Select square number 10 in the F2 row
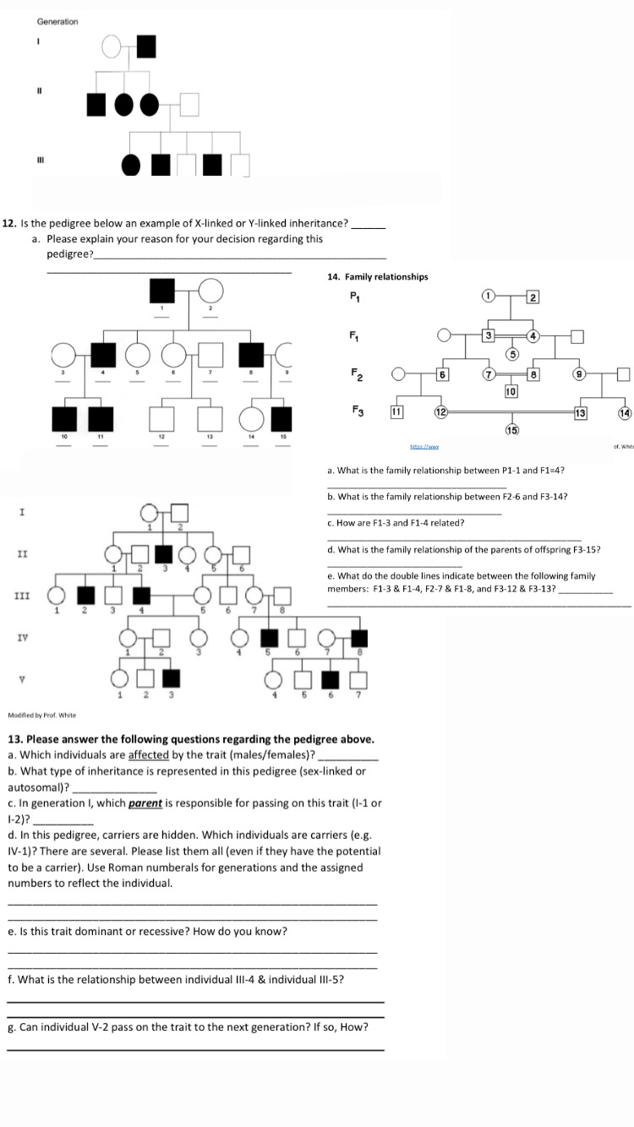[511, 391]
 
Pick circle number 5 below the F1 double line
[511, 353]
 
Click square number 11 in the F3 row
[395, 411]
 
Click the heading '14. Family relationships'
[377, 276]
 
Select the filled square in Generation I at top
[146, 46]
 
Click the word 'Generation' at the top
[57, 21]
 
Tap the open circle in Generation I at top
[112, 46]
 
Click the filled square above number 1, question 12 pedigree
[162, 291]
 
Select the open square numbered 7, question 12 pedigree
[210, 356]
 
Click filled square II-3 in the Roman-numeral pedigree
[164, 554]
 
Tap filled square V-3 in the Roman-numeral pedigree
[172, 678]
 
